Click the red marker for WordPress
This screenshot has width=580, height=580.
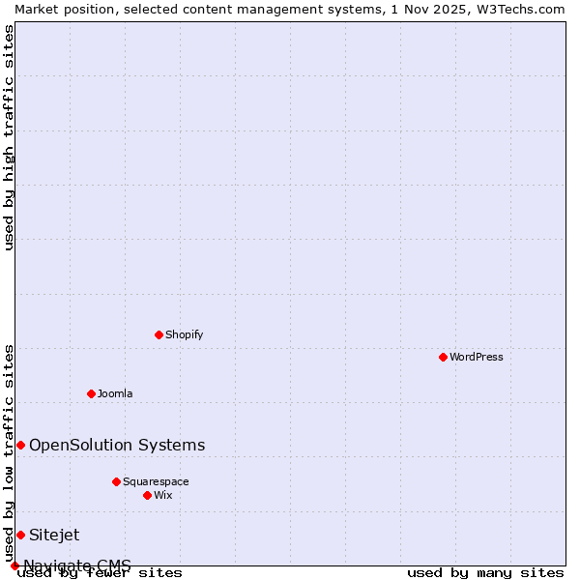coord(443,357)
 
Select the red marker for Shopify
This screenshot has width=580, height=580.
coord(159,334)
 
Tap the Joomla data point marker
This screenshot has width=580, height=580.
coord(91,393)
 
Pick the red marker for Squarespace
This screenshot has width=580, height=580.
coord(116,481)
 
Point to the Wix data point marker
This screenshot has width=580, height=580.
coord(147,495)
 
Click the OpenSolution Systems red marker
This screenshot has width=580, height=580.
coord(20,445)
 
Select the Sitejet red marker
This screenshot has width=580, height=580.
coord(20,535)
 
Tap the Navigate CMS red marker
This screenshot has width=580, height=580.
coord(14,565)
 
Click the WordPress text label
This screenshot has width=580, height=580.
coord(477,357)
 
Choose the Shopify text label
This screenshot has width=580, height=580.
coord(184,334)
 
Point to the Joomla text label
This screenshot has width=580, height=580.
coord(115,393)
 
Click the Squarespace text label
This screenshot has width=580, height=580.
coord(156,481)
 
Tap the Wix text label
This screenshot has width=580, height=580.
coord(162,495)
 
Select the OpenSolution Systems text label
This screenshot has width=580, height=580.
coord(117,445)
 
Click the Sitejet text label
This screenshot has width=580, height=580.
coord(54,535)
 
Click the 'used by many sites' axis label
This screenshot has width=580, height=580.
coord(485,573)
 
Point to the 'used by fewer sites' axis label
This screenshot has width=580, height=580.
coord(101,573)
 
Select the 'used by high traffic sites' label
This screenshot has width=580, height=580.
coord(10,137)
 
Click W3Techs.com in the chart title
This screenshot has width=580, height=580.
coord(518,9)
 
